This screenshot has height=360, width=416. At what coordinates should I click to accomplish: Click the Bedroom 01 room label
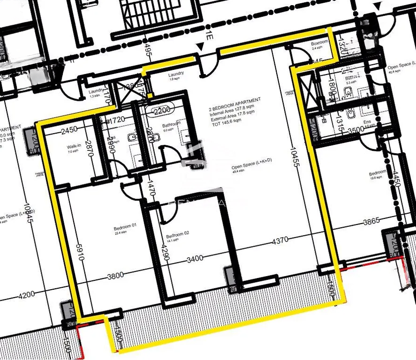point(125,226)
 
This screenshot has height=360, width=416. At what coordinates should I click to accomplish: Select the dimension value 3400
point(195,258)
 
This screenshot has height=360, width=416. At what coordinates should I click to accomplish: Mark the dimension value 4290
point(165,255)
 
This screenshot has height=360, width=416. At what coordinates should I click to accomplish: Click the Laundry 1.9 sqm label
point(176,75)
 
